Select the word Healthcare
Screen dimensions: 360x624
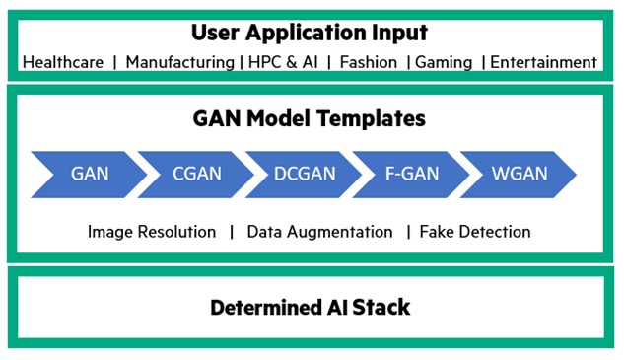coord(62,62)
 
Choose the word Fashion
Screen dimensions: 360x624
coord(369,62)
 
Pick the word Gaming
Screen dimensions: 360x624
coord(445,62)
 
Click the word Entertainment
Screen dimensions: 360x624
coord(543,62)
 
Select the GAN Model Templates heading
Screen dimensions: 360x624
coord(310,118)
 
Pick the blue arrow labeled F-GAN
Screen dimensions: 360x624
coord(409,175)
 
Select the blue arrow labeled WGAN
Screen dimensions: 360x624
coord(516,175)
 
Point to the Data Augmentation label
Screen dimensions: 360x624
coord(319,232)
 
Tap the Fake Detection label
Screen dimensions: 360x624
coord(475,232)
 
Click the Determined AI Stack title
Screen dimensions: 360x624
coord(310,308)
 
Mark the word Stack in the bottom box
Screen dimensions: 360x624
coord(384,308)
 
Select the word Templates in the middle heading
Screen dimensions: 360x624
coord(378,118)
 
